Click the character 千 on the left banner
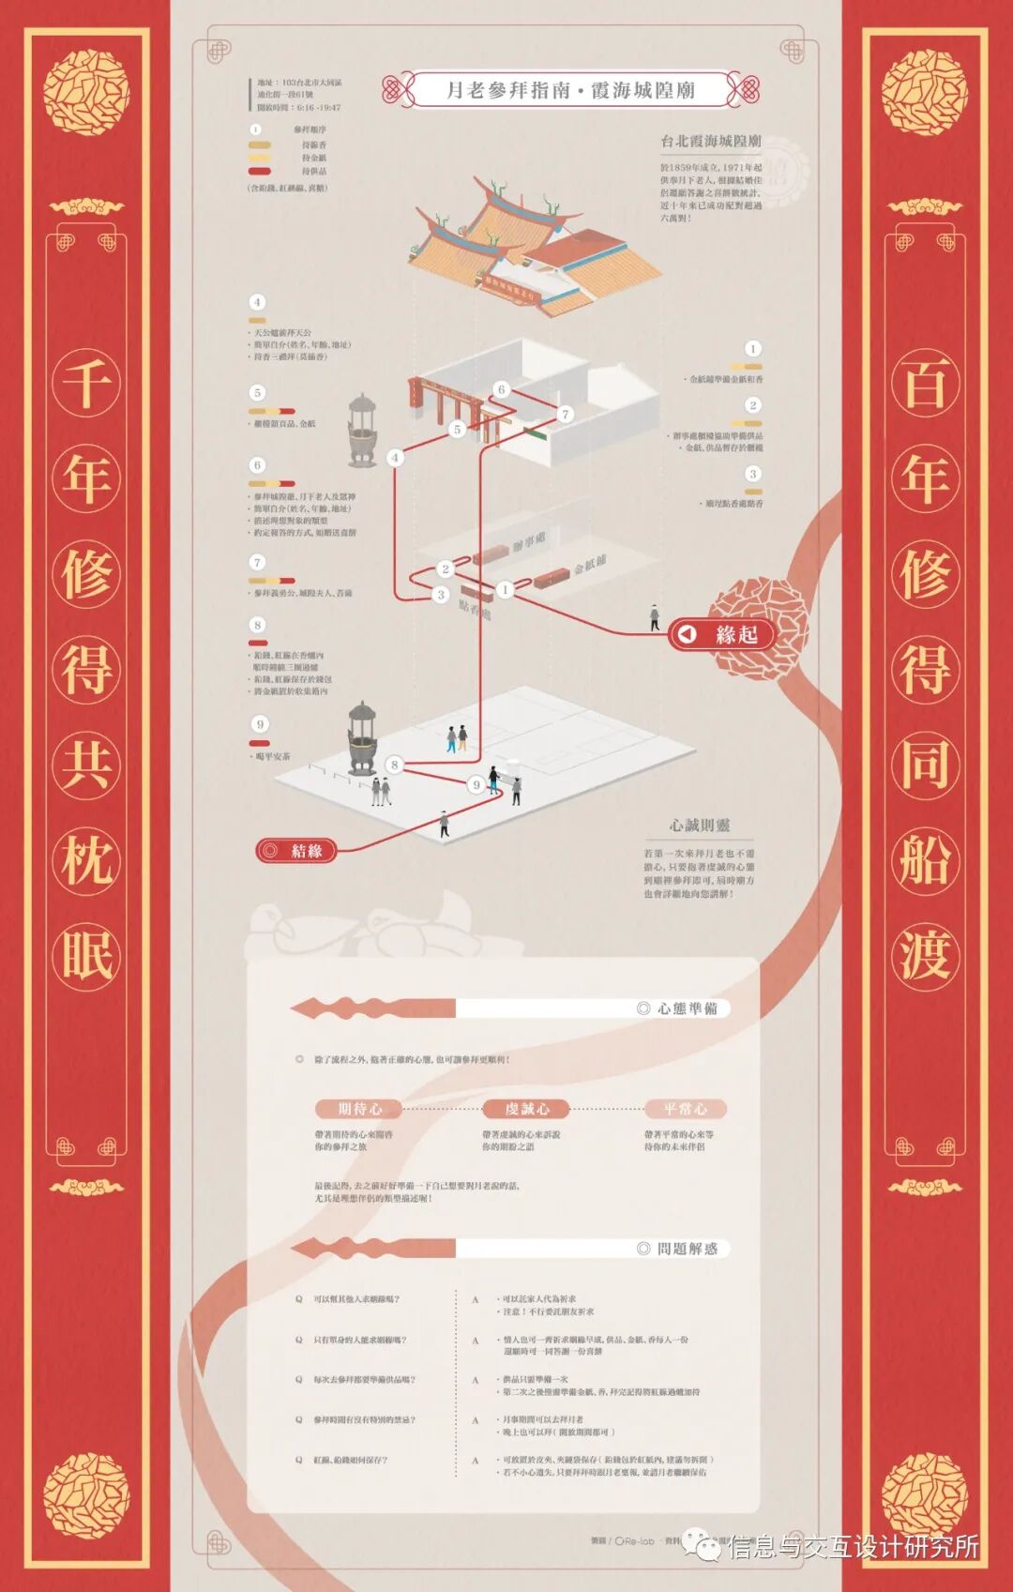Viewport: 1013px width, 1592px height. pyautogui.click(x=86, y=383)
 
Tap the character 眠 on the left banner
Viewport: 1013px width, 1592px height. pyautogui.click(x=86, y=955)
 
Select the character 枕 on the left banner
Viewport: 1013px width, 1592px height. pyautogui.click(x=86, y=859)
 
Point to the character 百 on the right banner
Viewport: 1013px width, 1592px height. pyautogui.click(x=925, y=383)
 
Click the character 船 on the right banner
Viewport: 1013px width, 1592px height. pyautogui.click(x=925, y=859)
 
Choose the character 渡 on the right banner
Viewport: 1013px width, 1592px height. pyautogui.click(x=925, y=955)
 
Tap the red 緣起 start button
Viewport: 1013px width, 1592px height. pyautogui.click(x=722, y=635)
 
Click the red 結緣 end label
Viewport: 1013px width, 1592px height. pyautogui.click(x=295, y=851)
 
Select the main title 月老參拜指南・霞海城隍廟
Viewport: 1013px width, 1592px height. pyautogui.click(x=570, y=90)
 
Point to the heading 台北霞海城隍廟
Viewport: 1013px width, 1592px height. pyautogui.click(x=710, y=141)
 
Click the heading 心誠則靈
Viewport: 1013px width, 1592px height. pyautogui.click(x=699, y=826)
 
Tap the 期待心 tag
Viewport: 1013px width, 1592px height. pyautogui.click(x=359, y=1109)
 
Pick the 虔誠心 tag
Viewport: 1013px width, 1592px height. pyautogui.click(x=527, y=1109)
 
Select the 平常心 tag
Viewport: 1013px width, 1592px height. pyautogui.click(x=685, y=1109)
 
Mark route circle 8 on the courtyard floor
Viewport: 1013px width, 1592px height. pyautogui.click(x=395, y=765)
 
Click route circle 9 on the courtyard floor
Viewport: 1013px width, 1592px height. pyautogui.click(x=476, y=784)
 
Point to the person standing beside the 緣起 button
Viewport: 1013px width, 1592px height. pyautogui.click(x=655, y=616)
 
